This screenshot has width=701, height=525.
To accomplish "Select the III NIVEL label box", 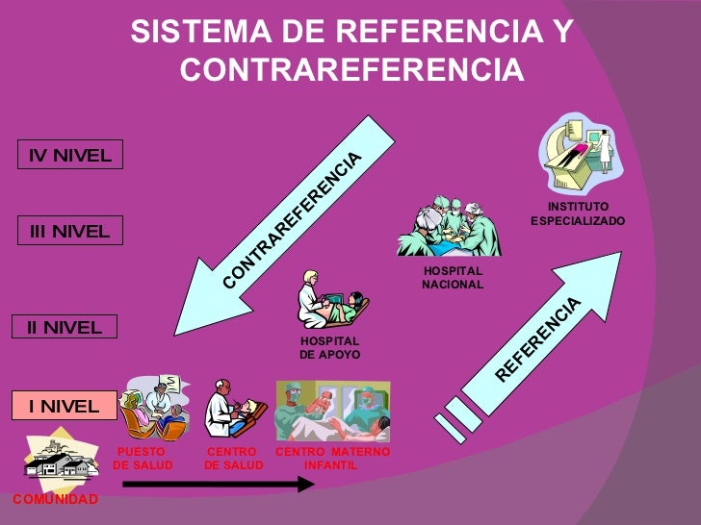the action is (x=68, y=231).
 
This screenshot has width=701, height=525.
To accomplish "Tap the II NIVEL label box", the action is (x=65, y=327).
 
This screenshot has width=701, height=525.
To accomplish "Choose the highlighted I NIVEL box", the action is (x=64, y=406).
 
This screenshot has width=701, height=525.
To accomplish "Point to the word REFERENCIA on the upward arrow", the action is (x=540, y=338).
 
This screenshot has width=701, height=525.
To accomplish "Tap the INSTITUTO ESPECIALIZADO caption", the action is (x=578, y=213).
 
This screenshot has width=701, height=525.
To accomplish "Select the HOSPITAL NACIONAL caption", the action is (x=453, y=278).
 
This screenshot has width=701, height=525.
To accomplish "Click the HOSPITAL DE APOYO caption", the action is (x=329, y=348).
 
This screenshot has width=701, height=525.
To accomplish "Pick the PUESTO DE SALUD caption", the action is (x=143, y=459).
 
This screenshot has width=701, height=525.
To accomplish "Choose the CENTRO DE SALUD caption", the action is (x=233, y=459).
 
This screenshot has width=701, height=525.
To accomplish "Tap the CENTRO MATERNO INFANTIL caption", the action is (x=332, y=459).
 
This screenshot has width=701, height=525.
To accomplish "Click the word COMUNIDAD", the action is (x=55, y=500).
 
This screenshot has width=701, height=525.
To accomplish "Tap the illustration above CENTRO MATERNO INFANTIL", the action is (x=332, y=411).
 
